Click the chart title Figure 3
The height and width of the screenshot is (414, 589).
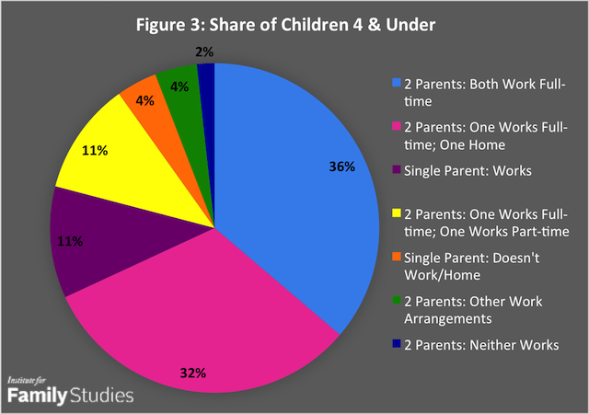point(294,22)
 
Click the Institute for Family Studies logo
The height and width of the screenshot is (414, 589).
point(69,390)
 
